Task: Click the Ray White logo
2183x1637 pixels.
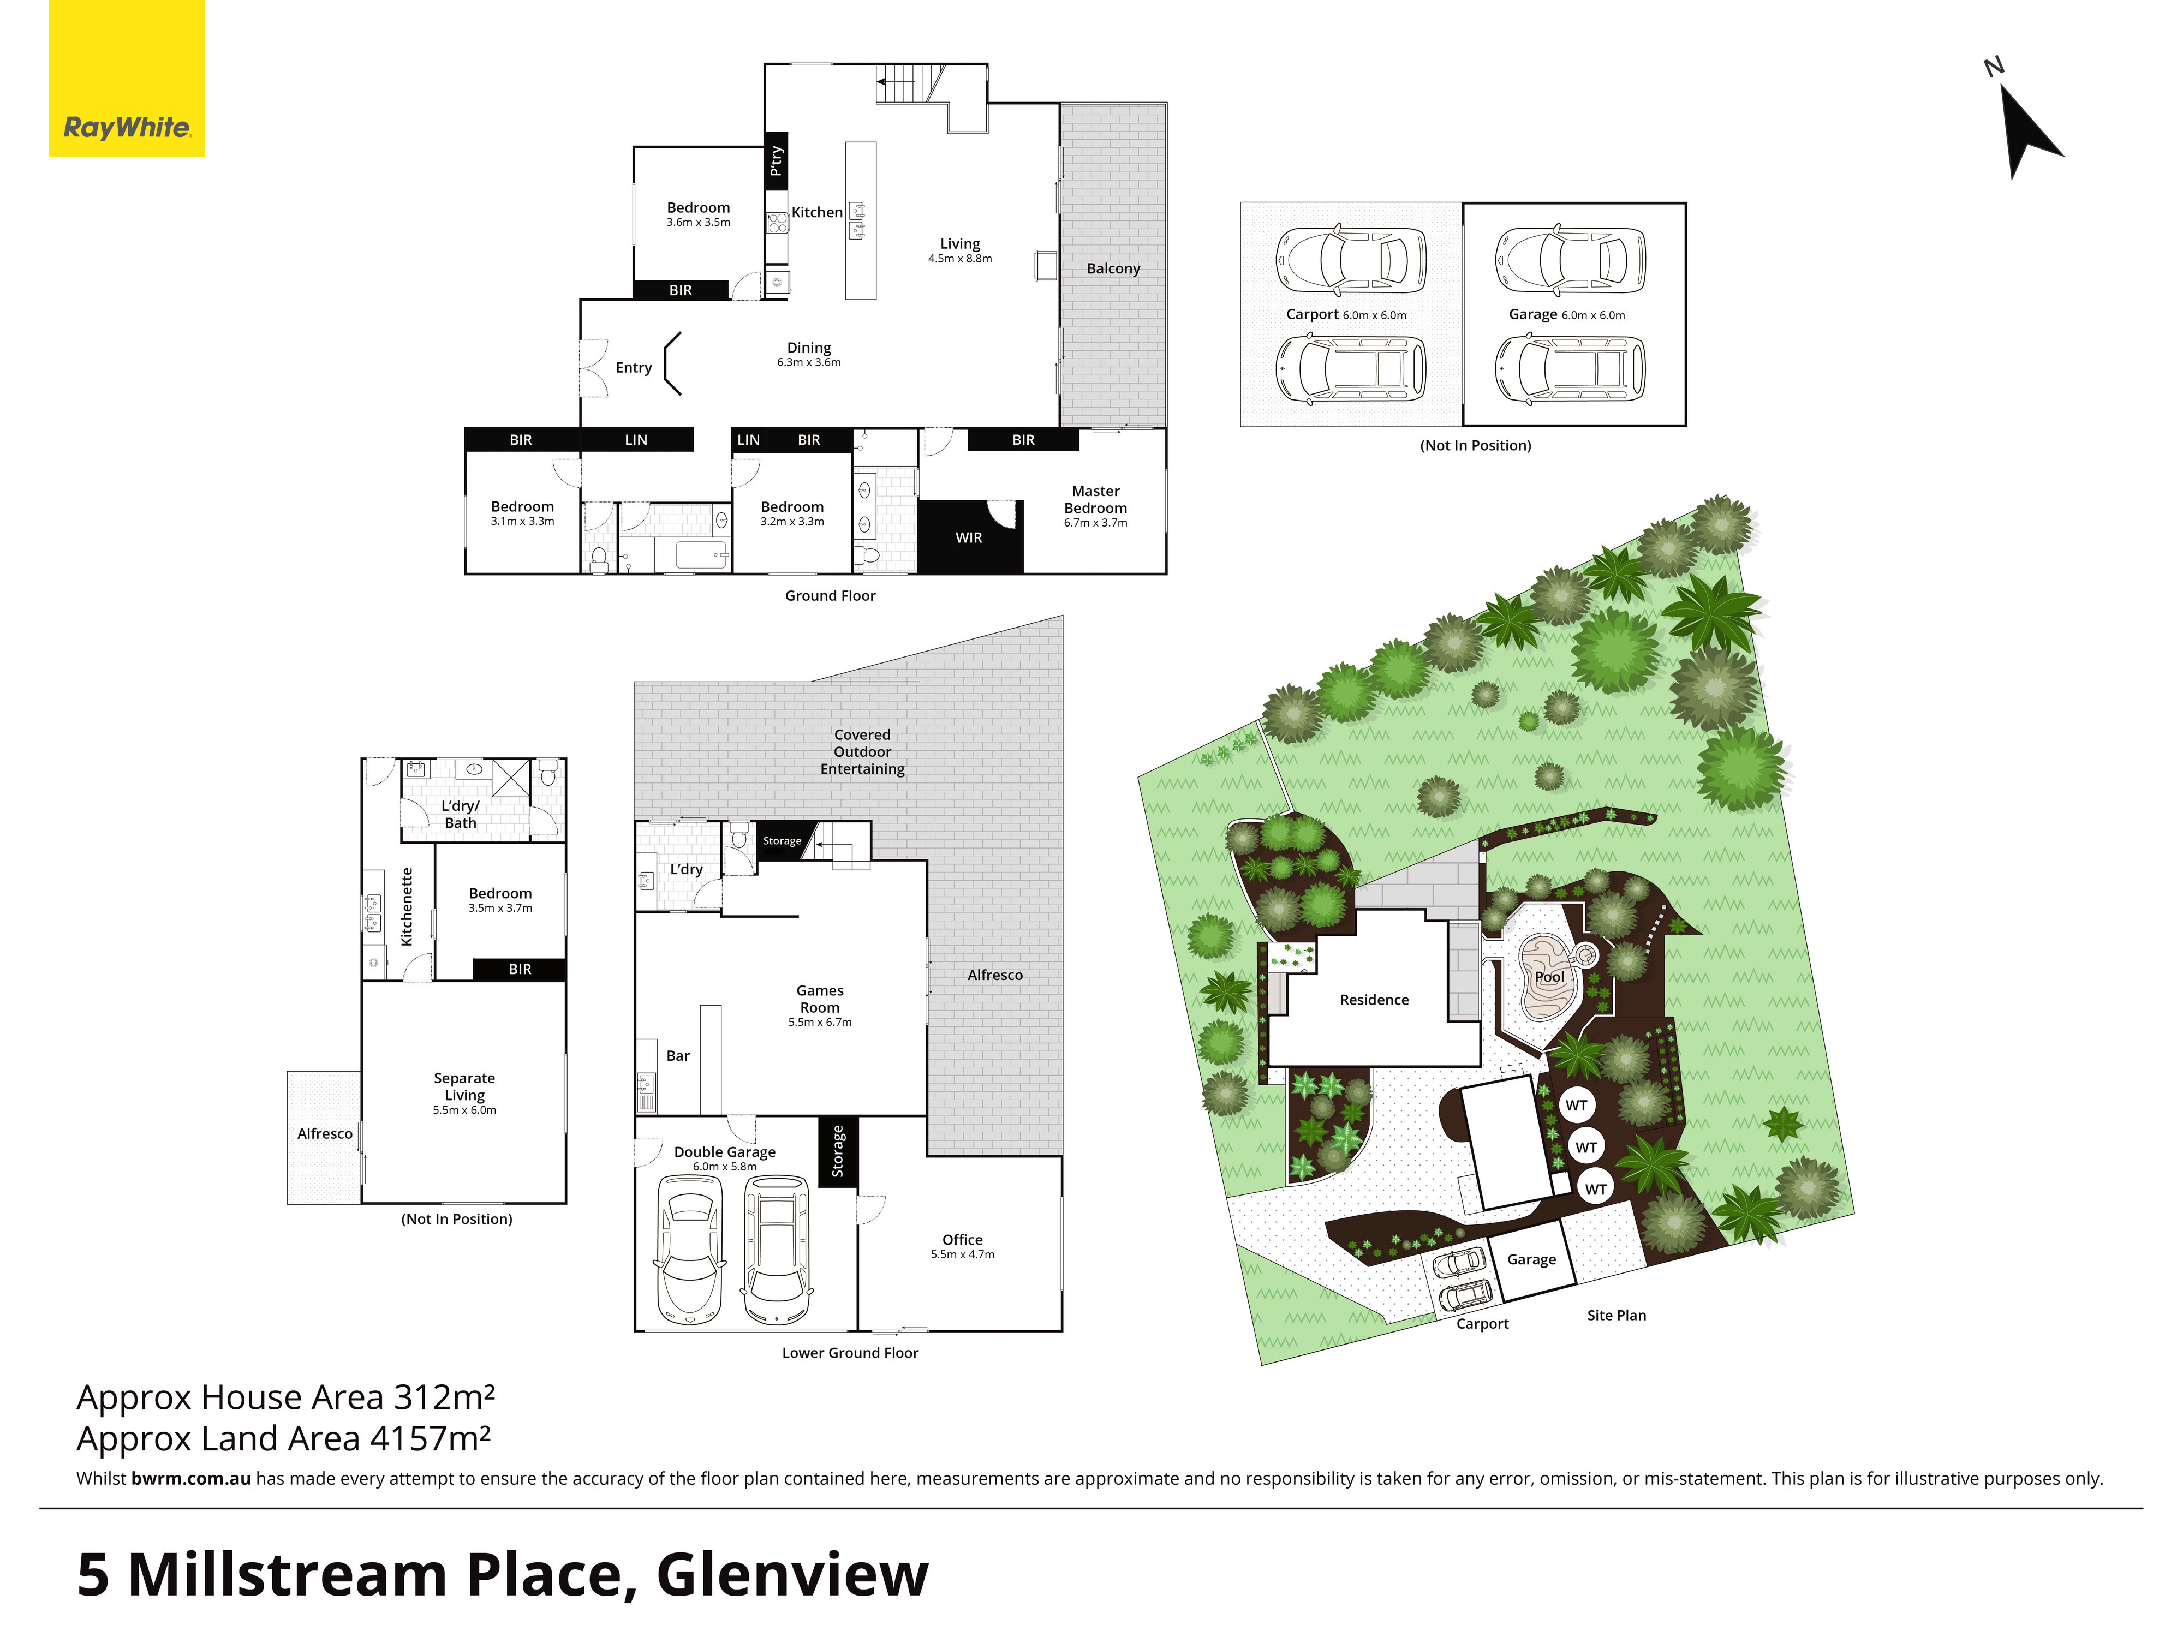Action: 126,78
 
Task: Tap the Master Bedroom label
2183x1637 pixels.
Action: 1095,499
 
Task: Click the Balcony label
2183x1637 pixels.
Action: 1113,268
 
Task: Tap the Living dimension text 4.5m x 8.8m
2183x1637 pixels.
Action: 959,259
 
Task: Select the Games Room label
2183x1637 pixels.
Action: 820,999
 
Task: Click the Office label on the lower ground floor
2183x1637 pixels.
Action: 962,1239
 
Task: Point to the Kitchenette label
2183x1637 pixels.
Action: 407,907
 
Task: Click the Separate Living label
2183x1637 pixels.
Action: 464,1086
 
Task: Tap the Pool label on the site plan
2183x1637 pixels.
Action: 1549,977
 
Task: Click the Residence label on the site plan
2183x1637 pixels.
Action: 1374,1000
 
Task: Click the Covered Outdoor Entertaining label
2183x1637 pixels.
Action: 862,752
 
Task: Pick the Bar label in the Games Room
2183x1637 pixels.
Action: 678,1056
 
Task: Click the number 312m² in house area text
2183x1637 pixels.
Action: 443,1397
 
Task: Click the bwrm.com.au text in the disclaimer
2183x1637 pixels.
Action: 190,1478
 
